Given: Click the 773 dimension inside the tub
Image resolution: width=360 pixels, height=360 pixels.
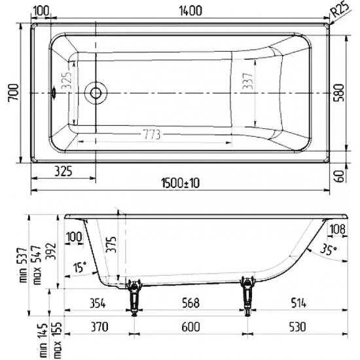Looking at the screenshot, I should [x=153, y=134].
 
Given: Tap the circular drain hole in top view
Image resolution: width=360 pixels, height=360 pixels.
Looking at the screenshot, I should [x=97, y=92].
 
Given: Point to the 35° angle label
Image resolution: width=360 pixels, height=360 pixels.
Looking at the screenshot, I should [x=329, y=249].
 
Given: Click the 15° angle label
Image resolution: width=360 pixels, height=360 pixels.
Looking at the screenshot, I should [x=79, y=268].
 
